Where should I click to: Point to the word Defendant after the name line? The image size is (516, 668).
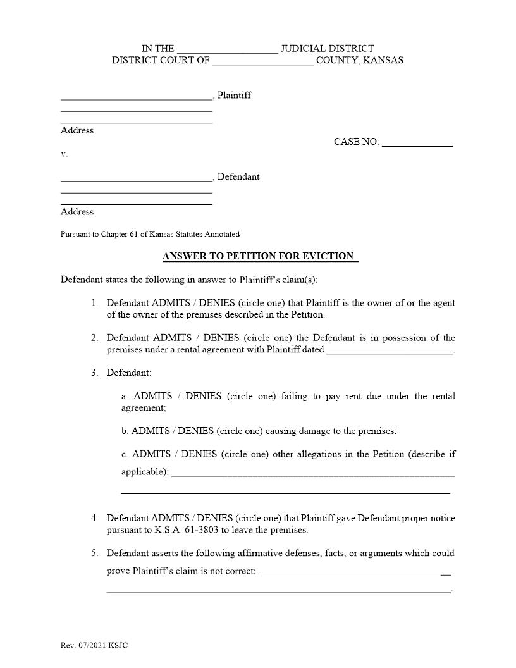(238, 177)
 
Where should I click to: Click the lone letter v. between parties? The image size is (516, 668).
(64, 154)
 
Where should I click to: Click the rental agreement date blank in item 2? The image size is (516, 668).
(390, 350)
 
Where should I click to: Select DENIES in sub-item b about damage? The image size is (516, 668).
(196, 431)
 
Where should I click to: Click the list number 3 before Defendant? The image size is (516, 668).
(94, 373)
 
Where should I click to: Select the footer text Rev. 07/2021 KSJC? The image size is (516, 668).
(94, 645)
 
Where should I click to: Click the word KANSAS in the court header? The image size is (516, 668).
(382, 61)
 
